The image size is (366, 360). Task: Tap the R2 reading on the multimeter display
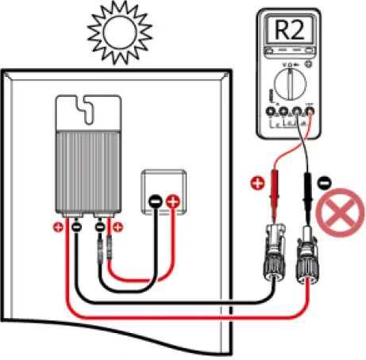click(290, 31)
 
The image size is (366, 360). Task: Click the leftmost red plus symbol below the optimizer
click(58, 228)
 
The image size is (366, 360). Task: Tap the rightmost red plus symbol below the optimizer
click(118, 228)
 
